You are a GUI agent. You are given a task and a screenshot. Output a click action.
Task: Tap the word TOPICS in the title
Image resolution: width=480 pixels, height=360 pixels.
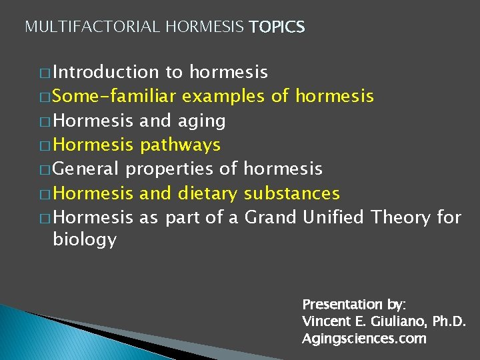(277, 27)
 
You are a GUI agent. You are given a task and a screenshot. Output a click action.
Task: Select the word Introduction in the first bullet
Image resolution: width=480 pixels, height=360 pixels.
(105, 72)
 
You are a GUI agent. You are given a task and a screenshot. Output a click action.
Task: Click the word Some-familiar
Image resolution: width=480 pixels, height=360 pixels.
(114, 97)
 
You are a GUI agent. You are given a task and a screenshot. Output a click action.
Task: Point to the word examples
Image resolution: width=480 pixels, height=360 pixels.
(224, 97)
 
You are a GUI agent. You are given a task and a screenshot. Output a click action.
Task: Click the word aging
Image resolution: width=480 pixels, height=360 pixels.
(202, 121)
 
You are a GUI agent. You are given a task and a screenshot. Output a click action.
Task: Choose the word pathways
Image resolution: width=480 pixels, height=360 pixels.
(181, 145)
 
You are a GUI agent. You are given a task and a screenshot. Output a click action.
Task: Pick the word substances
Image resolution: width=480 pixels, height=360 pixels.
(292, 194)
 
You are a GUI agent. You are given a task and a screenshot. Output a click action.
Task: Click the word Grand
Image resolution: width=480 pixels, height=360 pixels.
(271, 217)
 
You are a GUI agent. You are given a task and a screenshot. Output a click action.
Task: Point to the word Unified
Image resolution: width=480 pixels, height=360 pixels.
(334, 217)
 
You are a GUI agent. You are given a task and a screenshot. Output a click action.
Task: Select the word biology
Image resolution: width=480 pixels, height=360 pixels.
(85, 240)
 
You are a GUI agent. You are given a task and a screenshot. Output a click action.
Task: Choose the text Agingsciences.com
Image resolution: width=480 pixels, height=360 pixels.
(364, 339)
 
